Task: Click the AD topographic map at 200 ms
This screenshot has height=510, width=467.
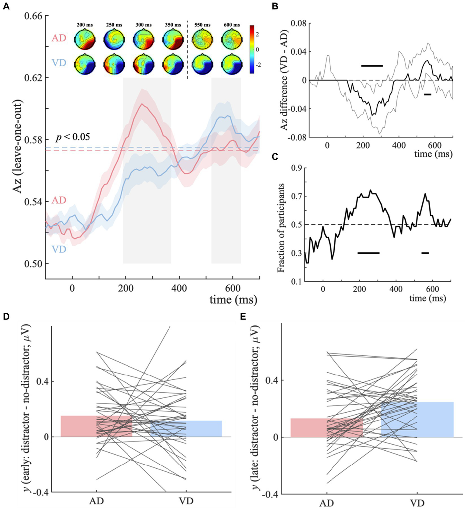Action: click(85, 39)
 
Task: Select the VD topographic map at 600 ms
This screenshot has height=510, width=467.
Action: click(232, 64)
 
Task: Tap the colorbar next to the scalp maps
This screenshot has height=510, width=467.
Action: click(252, 49)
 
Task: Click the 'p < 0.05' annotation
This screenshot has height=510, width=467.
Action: click(73, 137)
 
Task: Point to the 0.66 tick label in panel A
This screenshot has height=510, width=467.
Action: click(33, 16)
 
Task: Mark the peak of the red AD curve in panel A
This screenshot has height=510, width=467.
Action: click(141, 104)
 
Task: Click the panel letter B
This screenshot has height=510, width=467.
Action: click(275, 6)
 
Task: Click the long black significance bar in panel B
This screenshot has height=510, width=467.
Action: click(372, 65)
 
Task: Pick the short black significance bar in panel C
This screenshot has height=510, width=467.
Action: click(425, 253)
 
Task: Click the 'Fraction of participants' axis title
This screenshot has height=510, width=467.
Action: click(281, 227)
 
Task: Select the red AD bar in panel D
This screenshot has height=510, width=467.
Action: click(96, 426)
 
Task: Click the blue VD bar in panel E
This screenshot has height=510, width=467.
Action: click(417, 420)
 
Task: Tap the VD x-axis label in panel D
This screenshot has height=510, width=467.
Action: click(186, 501)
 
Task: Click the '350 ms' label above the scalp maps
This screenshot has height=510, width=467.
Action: click(173, 25)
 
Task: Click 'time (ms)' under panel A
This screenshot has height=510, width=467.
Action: click(233, 300)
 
